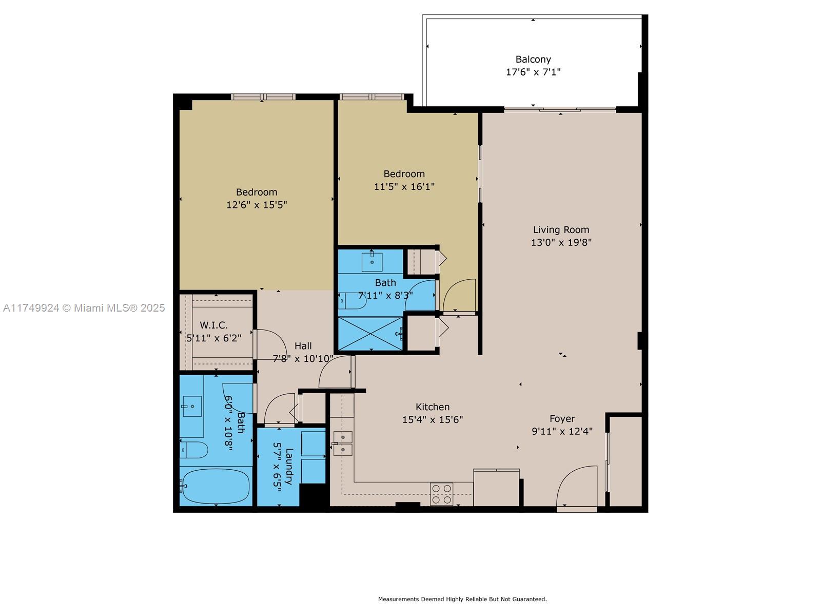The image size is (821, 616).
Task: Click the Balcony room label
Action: [533, 60]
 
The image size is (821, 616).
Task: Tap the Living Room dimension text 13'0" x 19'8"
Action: [561, 243]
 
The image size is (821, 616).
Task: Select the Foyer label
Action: [562, 419]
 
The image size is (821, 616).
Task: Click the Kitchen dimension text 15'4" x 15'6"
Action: [433, 420]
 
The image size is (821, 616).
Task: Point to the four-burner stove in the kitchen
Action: [441, 494]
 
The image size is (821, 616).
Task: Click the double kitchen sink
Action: [343, 444]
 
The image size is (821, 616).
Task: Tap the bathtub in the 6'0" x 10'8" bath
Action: [216, 486]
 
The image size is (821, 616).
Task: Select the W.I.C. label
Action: [213, 325]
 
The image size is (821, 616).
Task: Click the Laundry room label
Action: [289, 466]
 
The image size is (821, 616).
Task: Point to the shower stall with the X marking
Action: [370, 334]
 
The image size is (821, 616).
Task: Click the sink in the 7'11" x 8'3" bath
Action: [372, 262]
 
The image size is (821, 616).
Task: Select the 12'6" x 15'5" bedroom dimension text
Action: [257, 205]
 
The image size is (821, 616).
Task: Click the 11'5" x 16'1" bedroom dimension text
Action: [404, 186]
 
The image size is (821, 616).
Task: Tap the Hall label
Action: [303, 346]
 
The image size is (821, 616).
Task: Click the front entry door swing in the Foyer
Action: [577, 488]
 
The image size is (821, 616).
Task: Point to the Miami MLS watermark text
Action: [84, 308]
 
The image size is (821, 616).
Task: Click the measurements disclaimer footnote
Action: [462, 599]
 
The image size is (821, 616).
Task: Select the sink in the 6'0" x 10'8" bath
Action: [192, 407]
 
